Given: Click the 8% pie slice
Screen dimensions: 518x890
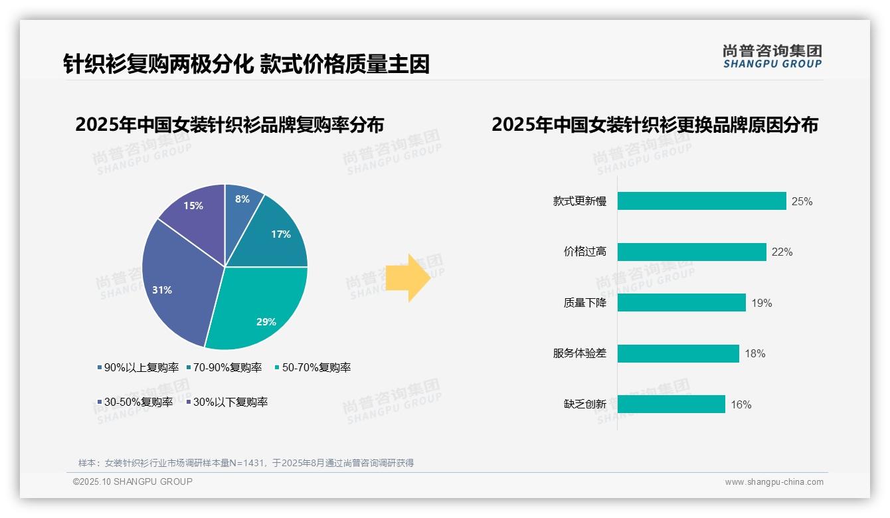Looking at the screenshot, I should pos(240,206).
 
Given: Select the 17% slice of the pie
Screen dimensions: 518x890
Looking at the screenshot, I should pos(276,236).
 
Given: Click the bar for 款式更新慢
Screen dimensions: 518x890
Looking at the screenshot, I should pos(701,201).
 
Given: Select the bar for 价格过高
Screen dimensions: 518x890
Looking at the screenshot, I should pos(691,252).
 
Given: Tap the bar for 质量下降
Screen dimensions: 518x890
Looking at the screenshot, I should pos(681,303).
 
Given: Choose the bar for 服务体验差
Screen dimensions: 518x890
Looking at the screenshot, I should pos(678,353).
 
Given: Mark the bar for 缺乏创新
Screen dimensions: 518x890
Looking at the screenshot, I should pos(671,404).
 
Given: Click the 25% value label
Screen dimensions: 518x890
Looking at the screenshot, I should pos(802,201).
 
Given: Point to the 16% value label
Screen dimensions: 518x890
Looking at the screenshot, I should pos(741,404).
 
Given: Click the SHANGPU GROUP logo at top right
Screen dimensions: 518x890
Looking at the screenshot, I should pos(772,56).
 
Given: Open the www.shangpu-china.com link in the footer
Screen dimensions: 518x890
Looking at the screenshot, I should pos(774,481).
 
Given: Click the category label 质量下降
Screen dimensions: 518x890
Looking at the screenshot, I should pos(584,303).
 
